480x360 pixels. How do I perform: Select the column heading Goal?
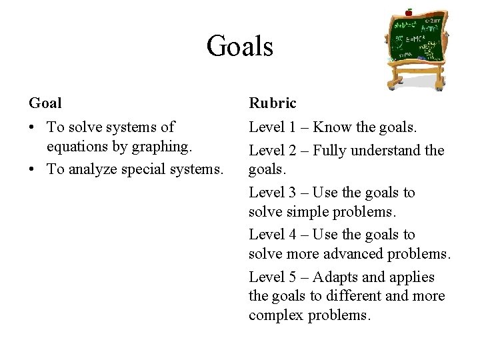point(45,103)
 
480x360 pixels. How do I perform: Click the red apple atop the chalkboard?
point(409,12)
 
